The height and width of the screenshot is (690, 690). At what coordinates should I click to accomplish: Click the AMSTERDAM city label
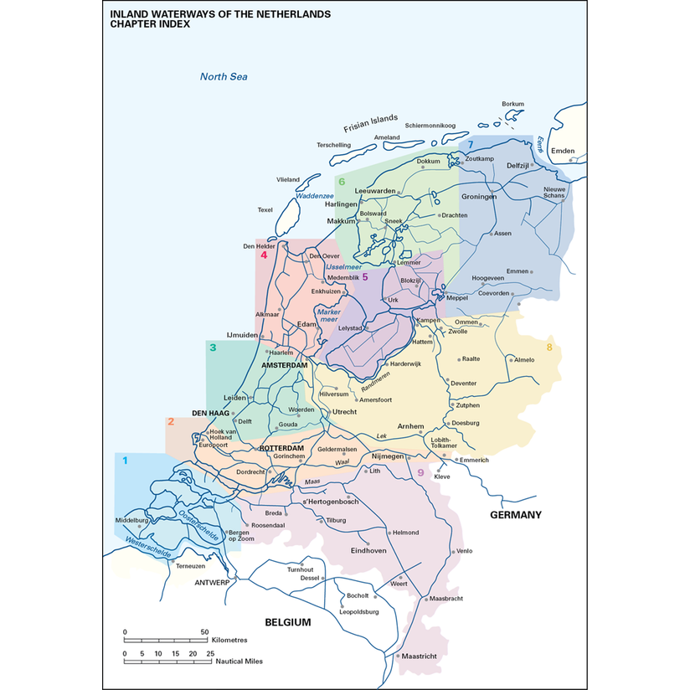pos(285,366)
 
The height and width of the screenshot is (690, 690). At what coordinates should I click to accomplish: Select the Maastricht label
pos(419,657)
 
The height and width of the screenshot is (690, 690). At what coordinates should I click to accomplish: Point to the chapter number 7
pos(471,146)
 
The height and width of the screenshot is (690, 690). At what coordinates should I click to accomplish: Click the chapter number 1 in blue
pos(126,461)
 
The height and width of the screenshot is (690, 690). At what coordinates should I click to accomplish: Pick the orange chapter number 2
pos(171,421)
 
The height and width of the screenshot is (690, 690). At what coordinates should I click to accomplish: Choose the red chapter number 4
pos(264,255)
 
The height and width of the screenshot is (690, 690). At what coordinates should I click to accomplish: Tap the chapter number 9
pos(420,473)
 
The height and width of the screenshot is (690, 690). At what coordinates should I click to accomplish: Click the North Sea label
pos(224,77)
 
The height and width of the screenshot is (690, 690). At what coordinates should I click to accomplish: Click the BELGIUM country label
pos(287,622)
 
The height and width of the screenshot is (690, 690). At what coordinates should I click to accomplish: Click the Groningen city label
pos(479,197)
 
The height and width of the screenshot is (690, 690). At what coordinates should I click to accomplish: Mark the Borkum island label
pos(512,104)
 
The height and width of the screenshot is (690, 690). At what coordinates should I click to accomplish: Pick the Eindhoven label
pos(368,550)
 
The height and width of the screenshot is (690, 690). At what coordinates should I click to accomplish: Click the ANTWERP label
pos(212,582)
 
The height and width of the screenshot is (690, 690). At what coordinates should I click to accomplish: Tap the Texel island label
pos(265,209)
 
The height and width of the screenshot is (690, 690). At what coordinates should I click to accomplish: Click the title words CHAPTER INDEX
pos(150,25)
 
